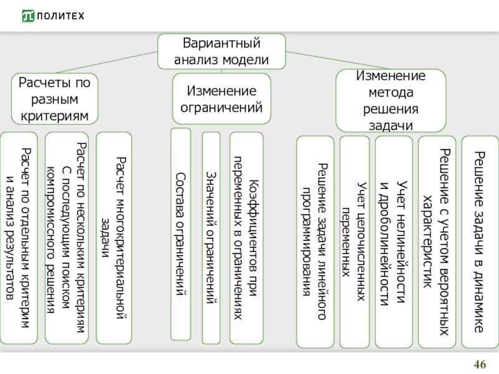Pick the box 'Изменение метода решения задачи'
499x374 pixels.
point(391,100)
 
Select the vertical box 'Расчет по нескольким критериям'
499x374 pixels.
point(68,238)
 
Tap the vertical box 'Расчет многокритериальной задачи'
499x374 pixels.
point(114,238)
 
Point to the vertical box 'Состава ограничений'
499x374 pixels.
point(181,234)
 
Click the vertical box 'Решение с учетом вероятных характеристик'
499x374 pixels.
point(436,242)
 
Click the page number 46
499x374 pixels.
point(480,364)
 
